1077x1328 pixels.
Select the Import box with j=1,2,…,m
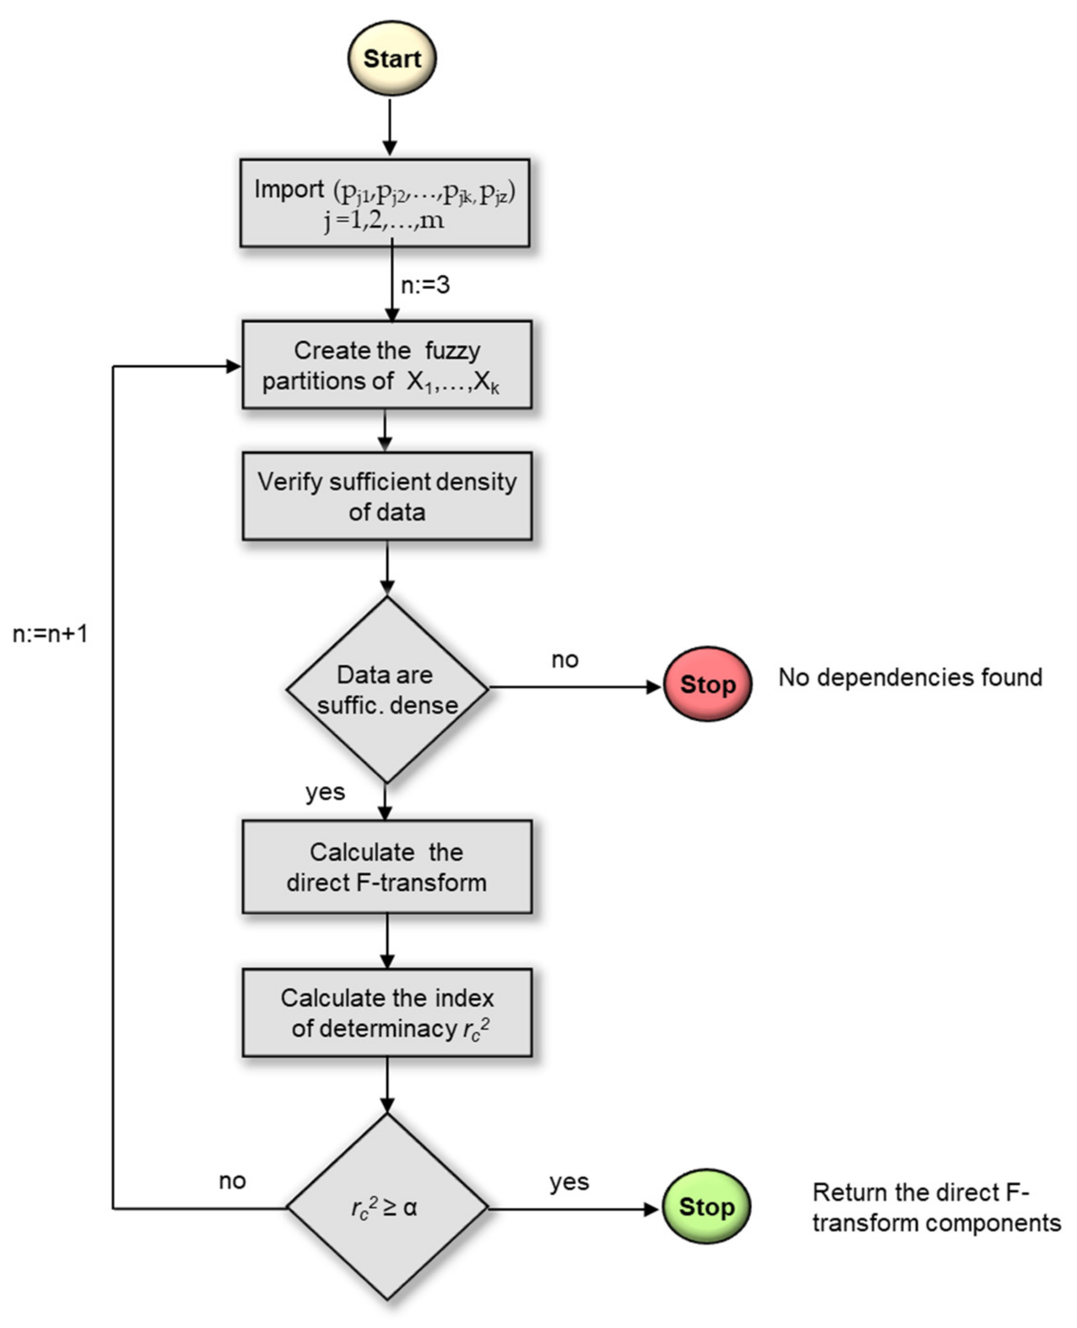385,203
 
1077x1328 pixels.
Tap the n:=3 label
425,285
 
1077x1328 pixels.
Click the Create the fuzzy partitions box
386,365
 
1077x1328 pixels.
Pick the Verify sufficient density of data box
386,496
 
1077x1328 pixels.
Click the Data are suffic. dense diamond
386,689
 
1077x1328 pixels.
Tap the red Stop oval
707,684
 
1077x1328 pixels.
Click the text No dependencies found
910,677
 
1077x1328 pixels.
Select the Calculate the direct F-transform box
386,866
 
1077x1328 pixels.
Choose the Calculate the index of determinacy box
386,1012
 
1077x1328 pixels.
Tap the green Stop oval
706,1207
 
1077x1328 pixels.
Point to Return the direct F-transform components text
936,1208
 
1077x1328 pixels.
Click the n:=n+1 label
50,634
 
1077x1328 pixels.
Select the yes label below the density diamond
325,792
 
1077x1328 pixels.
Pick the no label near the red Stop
565,659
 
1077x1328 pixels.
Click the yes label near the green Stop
569,1181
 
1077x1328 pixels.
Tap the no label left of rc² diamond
233,1181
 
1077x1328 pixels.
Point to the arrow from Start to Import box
390,127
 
